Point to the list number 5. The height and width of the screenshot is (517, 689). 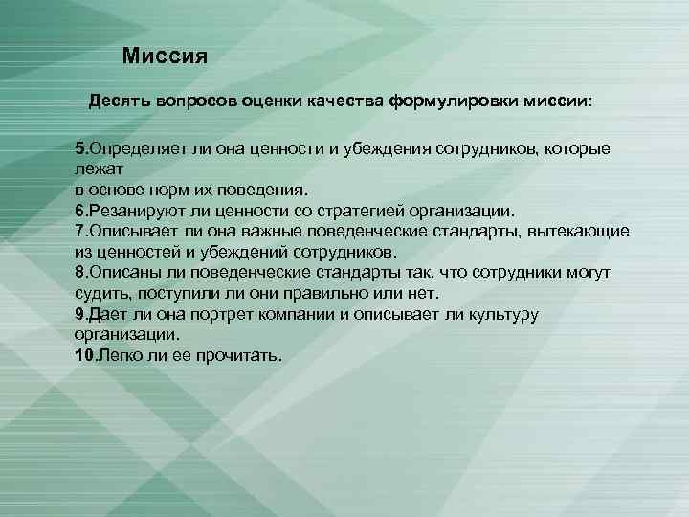pos(79,149)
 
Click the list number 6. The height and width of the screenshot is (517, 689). pos(79,210)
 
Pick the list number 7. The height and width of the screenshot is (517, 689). pos(79,231)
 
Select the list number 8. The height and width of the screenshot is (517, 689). pos(79,273)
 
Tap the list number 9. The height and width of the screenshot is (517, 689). pos(79,314)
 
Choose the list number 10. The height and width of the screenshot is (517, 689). pos(83,355)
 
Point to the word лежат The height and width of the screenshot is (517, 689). pos(94,168)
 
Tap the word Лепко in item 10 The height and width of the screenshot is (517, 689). pos(119,355)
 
